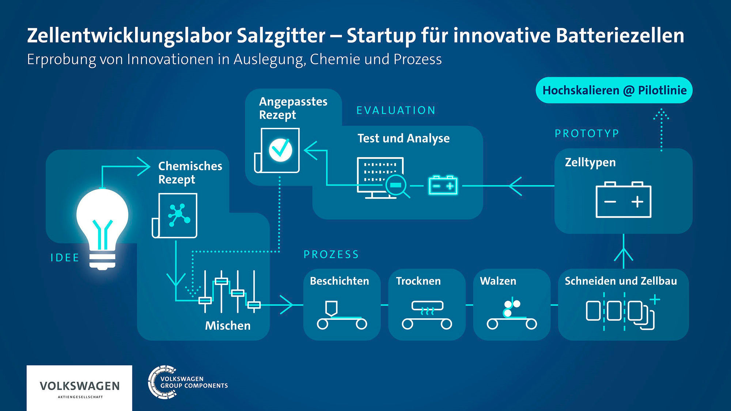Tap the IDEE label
(x=65, y=258)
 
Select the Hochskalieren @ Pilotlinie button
(x=614, y=90)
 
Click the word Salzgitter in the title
(x=281, y=36)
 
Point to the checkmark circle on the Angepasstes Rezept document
(x=280, y=149)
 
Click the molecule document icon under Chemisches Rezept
(x=175, y=216)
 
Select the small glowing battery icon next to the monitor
(x=443, y=185)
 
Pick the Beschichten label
(x=339, y=281)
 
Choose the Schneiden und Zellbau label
(x=621, y=281)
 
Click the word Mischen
(x=228, y=326)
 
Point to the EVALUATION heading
(x=396, y=110)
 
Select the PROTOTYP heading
(x=587, y=134)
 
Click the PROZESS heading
(x=332, y=254)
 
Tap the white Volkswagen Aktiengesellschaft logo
(x=79, y=388)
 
